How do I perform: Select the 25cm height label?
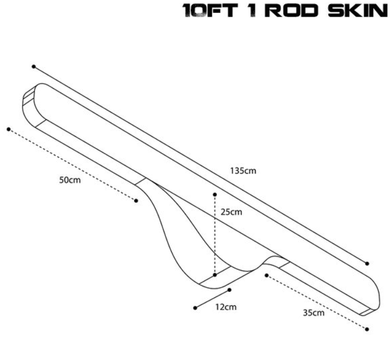pos(232,212)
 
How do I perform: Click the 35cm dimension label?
pos(314,312)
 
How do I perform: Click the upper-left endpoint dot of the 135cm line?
pos(34,67)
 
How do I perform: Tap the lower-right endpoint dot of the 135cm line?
pos(367,263)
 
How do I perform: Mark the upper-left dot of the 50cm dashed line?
pos(9,129)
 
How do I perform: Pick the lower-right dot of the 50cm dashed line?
pos(136,201)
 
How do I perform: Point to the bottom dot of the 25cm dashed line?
pos(214,275)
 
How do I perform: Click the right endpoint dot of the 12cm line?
pos(229,290)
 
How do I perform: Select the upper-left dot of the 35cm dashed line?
pos(266,275)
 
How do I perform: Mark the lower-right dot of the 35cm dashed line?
pos(367,329)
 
